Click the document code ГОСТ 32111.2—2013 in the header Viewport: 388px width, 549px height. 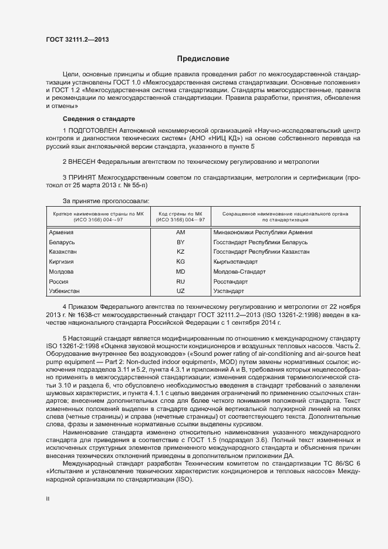point(77,40)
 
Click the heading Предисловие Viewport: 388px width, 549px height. point(203,59)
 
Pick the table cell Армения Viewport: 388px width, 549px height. point(62,232)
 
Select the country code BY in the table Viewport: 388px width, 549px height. point(180,242)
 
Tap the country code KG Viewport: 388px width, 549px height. point(180,261)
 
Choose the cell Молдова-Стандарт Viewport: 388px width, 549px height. point(240,271)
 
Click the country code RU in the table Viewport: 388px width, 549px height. point(180,281)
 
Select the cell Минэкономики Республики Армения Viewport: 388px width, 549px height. point(263,232)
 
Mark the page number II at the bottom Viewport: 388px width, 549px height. point(48,499)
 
